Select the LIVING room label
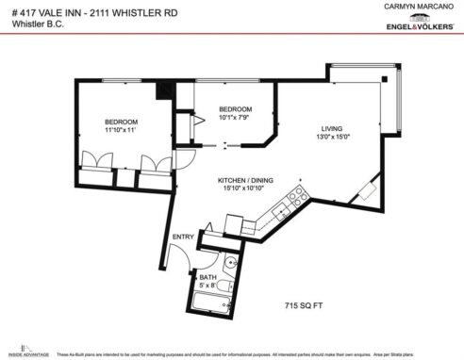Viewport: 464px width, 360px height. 332,128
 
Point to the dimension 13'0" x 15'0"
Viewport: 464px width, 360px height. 332,139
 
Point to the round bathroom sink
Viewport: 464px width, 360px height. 230,261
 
